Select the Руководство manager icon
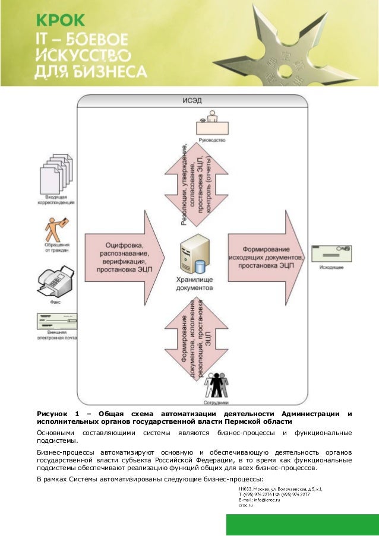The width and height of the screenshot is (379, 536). point(212,124)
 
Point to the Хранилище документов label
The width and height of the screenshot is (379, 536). point(195,283)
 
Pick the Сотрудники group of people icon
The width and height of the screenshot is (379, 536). point(216,385)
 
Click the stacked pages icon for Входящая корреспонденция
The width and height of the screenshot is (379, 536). point(56,172)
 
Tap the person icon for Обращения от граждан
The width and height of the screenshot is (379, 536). point(56,229)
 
